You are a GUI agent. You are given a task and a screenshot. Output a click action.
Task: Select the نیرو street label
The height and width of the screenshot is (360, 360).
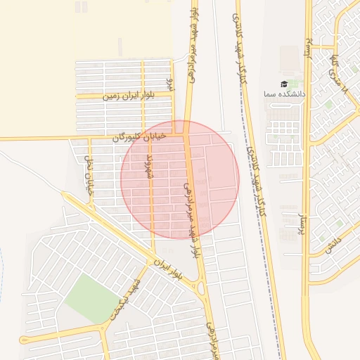169,84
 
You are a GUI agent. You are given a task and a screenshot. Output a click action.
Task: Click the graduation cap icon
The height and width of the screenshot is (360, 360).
284,84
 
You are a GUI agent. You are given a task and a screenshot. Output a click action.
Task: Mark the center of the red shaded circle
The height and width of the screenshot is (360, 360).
180,179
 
